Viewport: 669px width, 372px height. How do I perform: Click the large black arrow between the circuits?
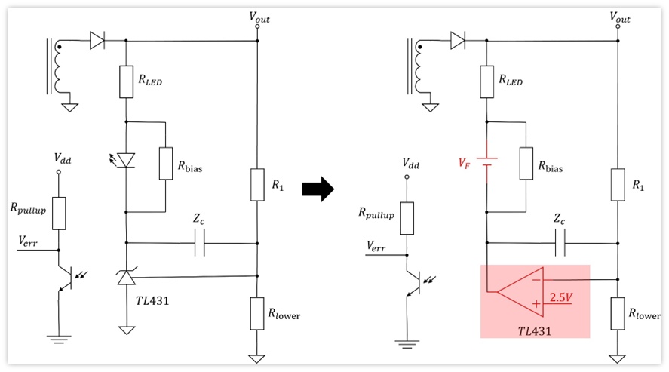click(x=318, y=189)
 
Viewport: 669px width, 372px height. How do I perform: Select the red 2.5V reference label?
click(x=560, y=297)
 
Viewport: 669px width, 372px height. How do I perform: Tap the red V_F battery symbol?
click(x=486, y=161)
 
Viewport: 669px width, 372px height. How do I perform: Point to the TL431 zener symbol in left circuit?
click(x=126, y=277)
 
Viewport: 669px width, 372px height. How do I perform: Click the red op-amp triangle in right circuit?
click(x=521, y=292)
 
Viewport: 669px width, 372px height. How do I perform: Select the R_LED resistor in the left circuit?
click(x=126, y=81)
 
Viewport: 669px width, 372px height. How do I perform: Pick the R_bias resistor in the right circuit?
click(x=526, y=164)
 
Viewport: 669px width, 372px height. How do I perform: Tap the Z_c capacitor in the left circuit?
click(x=199, y=243)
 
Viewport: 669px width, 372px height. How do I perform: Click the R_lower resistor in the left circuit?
click(x=257, y=314)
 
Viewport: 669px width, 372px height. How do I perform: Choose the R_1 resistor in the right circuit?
click(x=618, y=184)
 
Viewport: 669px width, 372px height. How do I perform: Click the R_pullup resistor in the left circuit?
click(x=59, y=214)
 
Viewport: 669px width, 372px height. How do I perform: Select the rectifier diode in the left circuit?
click(x=97, y=41)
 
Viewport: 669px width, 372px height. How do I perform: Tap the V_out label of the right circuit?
click(x=619, y=17)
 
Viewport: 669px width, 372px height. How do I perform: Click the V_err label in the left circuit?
click(x=28, y=241)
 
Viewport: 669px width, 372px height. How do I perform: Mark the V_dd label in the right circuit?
click(x=410, y=164)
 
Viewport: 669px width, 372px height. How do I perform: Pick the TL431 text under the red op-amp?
click(x=534, y=331)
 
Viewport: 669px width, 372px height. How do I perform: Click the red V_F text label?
click(x=464, y=162)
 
